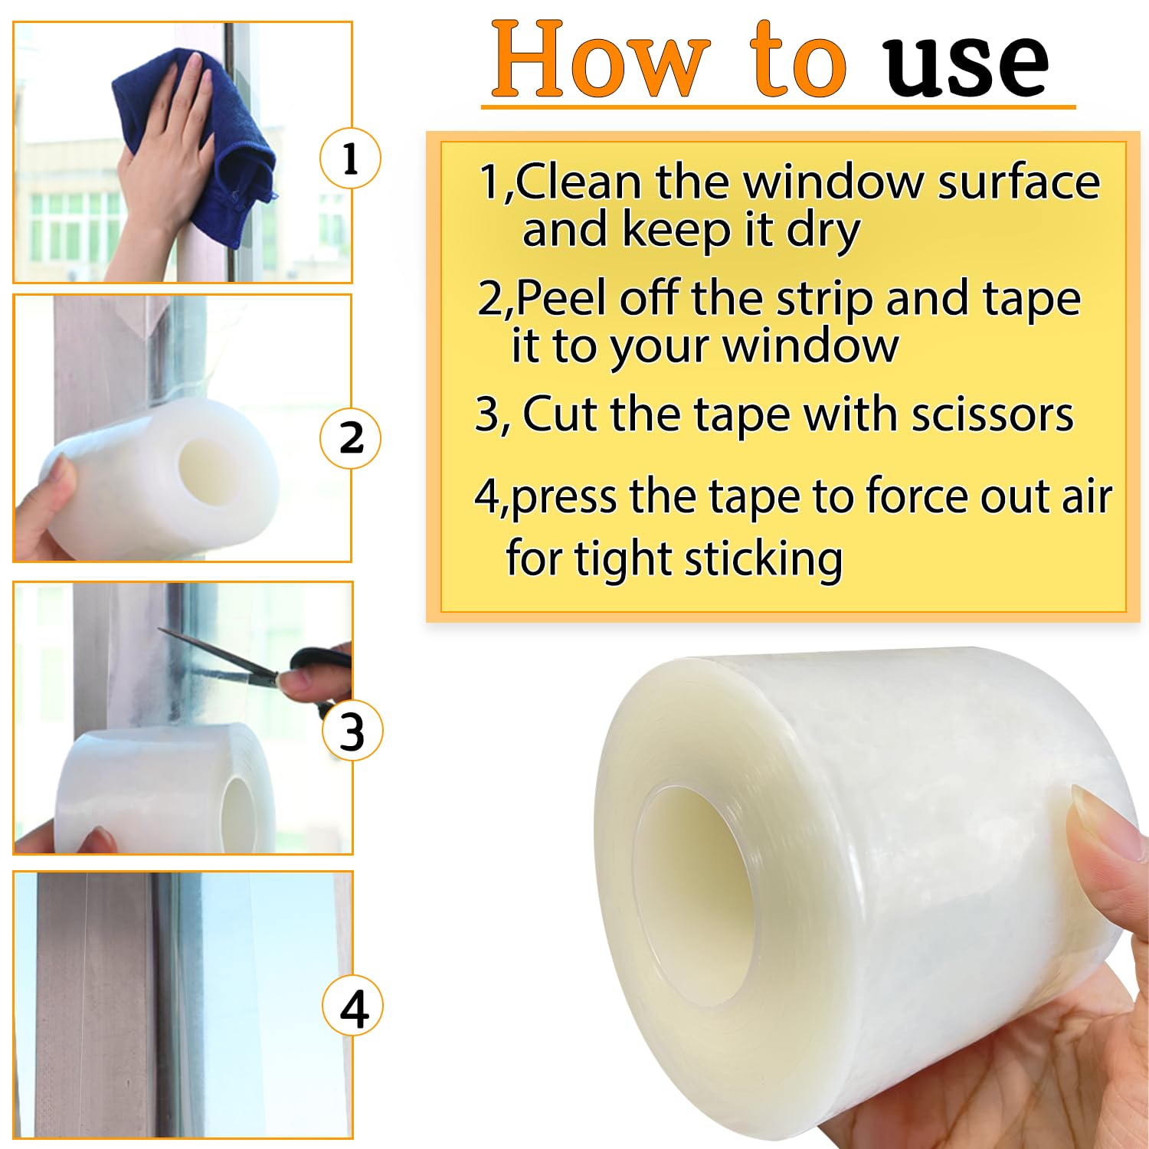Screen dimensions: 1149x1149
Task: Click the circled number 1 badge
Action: [x=350, y=159]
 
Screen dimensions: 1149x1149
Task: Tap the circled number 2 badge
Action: [x=350, y=438]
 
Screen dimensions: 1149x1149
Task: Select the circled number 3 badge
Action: [x=352, y=731]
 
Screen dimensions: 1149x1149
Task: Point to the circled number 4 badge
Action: [x=352, y=1007]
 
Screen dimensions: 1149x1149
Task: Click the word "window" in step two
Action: [x=810, y=346]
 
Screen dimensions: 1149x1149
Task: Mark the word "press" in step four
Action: [x=563, y=498]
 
